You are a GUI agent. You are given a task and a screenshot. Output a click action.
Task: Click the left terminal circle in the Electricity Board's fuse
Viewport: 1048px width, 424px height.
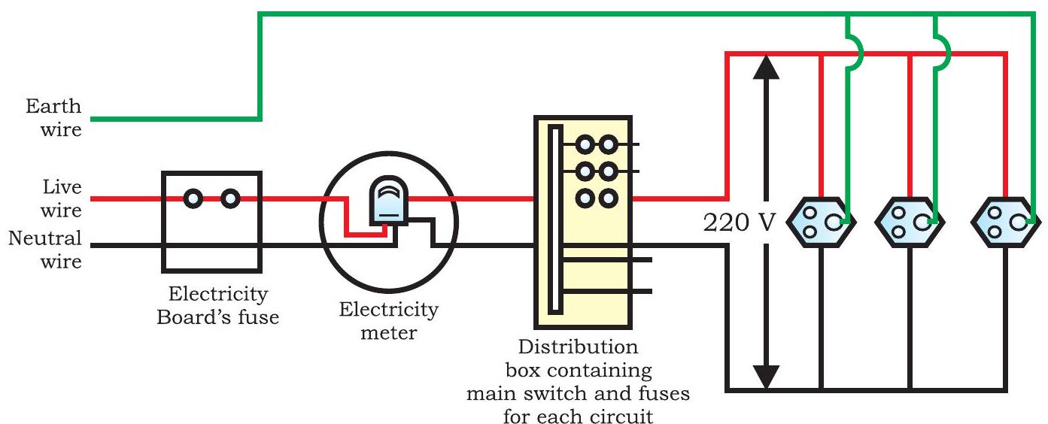194,198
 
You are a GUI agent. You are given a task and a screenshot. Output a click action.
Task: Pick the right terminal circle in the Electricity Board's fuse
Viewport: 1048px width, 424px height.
231,198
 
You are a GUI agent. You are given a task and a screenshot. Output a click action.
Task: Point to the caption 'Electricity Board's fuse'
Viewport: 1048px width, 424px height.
217,304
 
